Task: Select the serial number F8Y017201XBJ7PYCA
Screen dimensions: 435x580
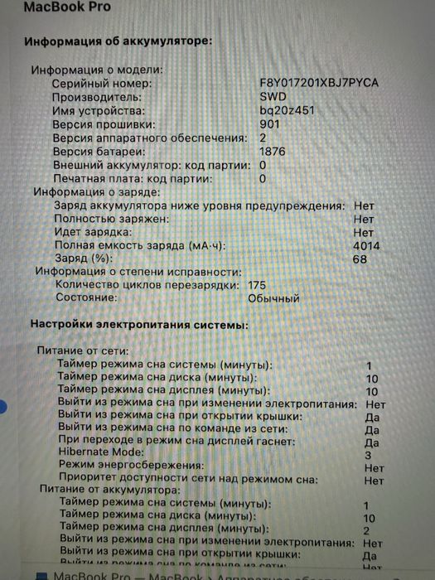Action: click(x=319, y=85)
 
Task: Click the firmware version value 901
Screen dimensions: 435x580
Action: click(x=269, y=124)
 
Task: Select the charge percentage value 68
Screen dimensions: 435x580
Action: click(x=360, y=259)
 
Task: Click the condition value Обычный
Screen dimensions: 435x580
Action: click(x=273, y=298)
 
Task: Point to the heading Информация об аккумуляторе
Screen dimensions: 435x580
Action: click(x=118, y=41)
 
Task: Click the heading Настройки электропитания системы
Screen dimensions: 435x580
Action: click(x=138, y=326)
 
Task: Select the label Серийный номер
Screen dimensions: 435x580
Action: click(x=102, y=85)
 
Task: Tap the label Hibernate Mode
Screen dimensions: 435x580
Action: click(x=104, y=454)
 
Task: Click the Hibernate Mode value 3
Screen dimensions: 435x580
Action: click(x=367, y=455)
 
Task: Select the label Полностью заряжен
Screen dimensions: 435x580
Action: click(x=112, y=219)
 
